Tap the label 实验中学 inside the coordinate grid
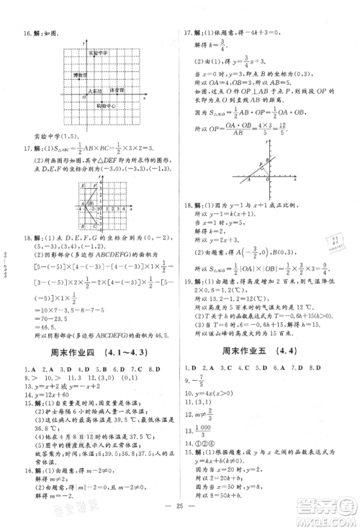[x=98, y=53]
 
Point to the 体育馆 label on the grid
[x=116, y=91]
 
